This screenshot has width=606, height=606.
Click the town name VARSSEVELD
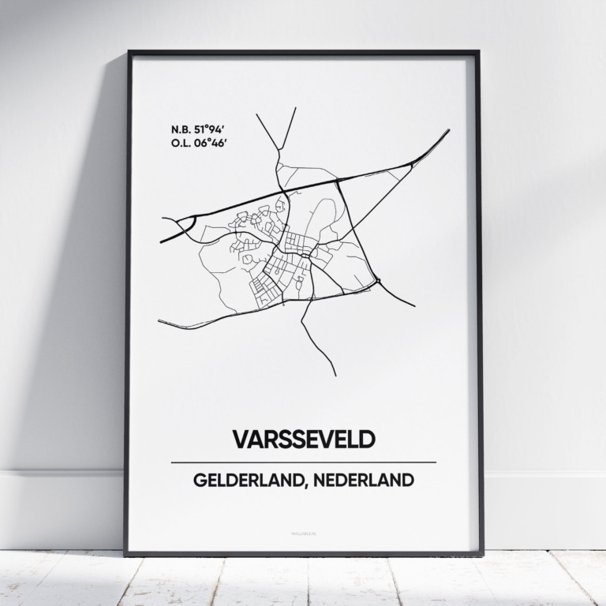303,439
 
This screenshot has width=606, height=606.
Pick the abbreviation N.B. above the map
181,127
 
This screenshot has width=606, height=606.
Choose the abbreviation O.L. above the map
181,142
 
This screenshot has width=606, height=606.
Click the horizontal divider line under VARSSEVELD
303,462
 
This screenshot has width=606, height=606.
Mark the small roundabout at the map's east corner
378,280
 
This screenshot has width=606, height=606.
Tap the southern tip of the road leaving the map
335,375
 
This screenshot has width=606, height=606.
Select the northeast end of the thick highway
448,130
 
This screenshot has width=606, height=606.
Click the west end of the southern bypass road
159,321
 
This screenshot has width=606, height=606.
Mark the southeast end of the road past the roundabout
414,305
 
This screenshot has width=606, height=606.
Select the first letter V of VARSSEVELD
239,439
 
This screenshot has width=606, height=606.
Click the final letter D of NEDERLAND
407,481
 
